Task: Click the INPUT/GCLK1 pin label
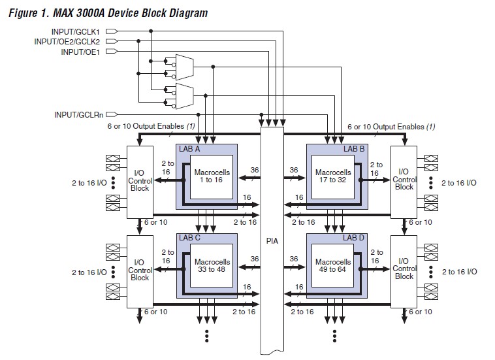tap(77, 31)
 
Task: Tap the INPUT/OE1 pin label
tap(82, 51)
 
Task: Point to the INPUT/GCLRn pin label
tap(79, 114)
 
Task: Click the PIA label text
tap(272, 240)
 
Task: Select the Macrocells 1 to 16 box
tap(209, 176)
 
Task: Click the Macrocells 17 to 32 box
tap(332, 176)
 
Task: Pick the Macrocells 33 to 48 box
tap(209, 266)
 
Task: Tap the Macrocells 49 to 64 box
tap(332, 266)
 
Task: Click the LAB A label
tap(191, 149)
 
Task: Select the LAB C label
tap(191, 238)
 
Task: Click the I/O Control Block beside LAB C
tap(140, 269)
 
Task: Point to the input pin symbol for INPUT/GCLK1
tap(110, 31)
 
